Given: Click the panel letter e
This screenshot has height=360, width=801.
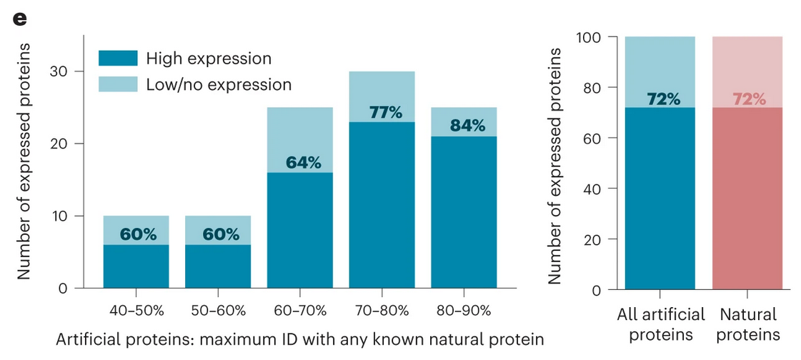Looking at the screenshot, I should (x=19, y=19).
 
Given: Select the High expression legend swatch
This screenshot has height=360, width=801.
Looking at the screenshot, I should (x=116, y=58).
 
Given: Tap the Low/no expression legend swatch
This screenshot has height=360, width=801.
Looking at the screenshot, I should (x=116, y=84).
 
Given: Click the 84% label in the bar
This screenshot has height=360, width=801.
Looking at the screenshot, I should (x=467, y=126).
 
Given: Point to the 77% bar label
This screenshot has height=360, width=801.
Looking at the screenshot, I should (x=387, y=112).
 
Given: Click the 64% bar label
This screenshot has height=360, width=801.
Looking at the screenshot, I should (x=303, y=162).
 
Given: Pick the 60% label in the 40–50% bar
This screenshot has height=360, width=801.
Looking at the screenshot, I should (x=138, y=234).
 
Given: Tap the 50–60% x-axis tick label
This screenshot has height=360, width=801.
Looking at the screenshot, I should (x=218, y=311).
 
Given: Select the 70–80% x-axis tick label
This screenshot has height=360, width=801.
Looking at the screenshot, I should (x=382, y=311).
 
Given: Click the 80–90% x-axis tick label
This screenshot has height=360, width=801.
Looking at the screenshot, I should (x=464, y=311).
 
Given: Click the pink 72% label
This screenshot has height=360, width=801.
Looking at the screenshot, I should (x=748, y=99).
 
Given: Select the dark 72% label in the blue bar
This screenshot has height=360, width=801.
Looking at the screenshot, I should (x=660, y=99).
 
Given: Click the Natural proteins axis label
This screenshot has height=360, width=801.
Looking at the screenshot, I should (x=748, y=324).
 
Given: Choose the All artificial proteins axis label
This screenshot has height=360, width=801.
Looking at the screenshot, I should (x=660, y=324).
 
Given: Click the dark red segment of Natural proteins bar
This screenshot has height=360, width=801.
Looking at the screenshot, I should (x=747, y=200).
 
